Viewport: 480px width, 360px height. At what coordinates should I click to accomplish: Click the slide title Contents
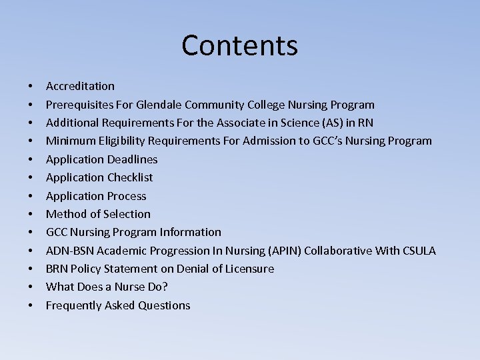point(239,45)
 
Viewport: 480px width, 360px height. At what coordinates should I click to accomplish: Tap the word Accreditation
point(80,86)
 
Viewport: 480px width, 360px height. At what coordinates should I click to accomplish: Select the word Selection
point(127,214)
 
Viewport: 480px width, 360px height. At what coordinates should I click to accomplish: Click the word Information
point(191,232)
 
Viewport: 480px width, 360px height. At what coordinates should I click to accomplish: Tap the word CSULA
point(419,251)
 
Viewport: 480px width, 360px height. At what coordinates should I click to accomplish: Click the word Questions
point(164,305)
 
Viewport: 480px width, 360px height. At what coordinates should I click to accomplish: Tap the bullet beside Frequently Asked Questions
point(31,305)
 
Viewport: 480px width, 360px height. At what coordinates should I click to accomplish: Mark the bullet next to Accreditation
point(31,86)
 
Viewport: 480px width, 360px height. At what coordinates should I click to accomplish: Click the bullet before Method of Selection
point(31,214)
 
